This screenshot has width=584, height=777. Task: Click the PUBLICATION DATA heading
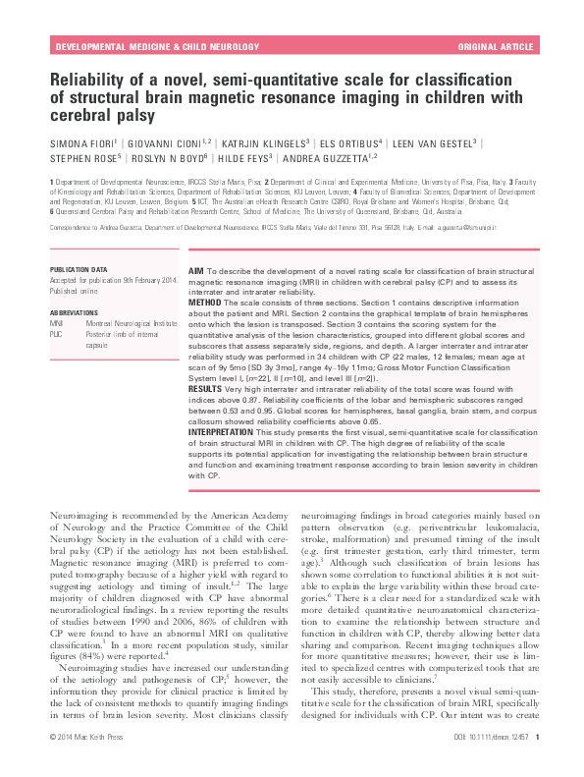point(85,267)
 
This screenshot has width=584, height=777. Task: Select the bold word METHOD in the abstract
point(206,303)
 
